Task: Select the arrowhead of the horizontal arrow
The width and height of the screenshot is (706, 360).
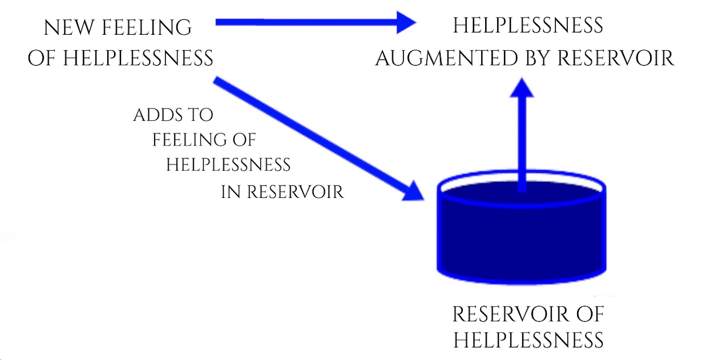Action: pos(406,23)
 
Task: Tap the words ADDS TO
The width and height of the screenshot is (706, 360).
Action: pos(173,115)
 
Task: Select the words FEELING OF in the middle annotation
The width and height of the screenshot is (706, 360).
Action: pos(204,140)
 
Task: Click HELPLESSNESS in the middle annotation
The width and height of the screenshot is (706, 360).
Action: pos(228,165)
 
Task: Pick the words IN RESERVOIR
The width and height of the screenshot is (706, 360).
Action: pos(283,192)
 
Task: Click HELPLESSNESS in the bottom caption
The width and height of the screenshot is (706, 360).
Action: pos(528,340)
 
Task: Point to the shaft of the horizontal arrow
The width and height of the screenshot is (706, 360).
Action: pos(308,23)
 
